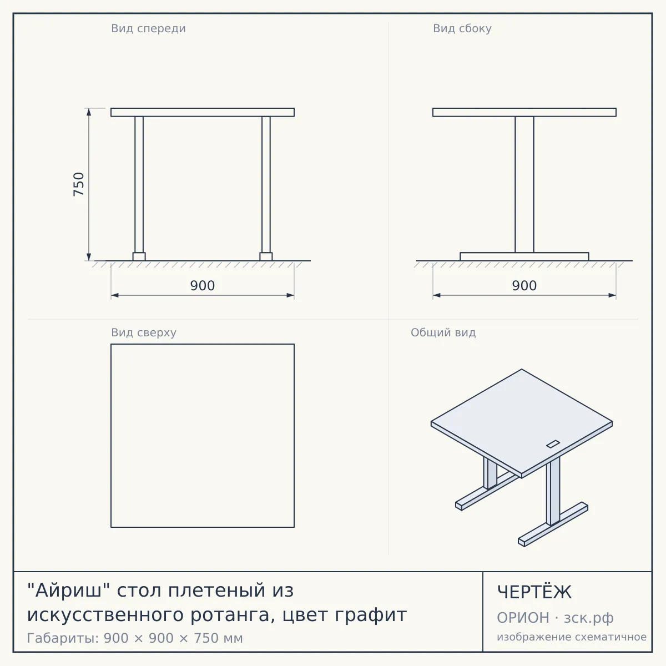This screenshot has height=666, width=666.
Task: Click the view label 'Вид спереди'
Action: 148,29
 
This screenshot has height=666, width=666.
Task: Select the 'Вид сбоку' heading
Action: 462,29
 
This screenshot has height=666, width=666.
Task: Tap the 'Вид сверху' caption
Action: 144,332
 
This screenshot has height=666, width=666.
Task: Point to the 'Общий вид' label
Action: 443,332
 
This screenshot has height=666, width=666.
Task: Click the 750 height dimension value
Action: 79,184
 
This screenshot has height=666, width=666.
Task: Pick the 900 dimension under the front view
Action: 203,285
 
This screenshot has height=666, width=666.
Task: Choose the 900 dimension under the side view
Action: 524,285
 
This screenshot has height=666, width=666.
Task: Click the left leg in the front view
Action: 139,185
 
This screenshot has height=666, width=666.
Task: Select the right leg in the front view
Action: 266,185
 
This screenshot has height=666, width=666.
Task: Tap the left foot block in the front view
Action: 139,256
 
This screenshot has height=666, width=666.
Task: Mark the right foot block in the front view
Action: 266,256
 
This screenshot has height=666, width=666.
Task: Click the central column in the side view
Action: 524,185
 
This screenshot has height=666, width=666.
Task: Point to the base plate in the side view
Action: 524,256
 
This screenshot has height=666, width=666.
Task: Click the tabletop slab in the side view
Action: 524,112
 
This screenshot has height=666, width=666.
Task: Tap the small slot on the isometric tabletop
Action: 553,444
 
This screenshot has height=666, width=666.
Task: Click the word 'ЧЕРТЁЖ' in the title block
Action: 534,592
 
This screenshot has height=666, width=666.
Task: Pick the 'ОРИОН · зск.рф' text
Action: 555,618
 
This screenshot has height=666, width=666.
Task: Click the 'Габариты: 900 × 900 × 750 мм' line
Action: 135,638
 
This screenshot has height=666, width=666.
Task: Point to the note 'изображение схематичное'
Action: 572,637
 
